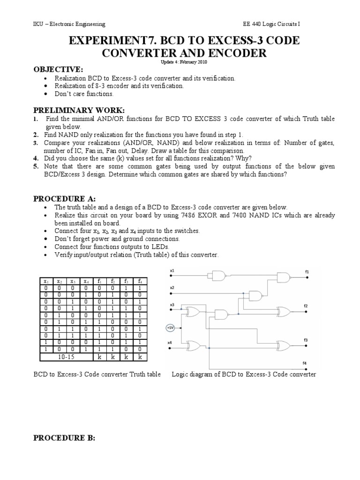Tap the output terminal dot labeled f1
(x=306, y=277)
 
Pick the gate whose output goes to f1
(x=284, y=277)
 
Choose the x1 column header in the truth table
(x=46, y=281)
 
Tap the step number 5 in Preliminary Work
(x=36, y=166)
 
